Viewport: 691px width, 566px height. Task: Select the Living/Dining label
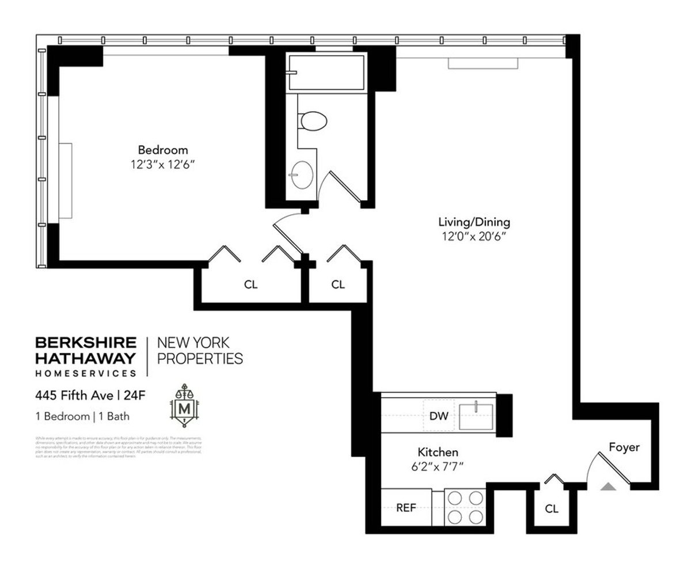(x=474, y=222)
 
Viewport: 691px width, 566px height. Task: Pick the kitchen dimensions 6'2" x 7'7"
(x=438, y=466)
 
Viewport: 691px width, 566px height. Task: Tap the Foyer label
(x=624, y=447)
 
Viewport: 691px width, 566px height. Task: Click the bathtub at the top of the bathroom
(x=326, y=73)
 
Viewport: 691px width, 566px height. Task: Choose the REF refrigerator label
(x=406, y=508)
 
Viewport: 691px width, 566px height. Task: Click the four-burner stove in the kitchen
(x=466, y=507)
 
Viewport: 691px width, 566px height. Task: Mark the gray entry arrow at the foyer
(x=608, y=487)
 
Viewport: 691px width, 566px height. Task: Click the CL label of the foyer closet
(x=552, y=509)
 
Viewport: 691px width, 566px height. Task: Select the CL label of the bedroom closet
(x=250, y=284)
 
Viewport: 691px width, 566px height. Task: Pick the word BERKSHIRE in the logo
(x=86, y=343)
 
